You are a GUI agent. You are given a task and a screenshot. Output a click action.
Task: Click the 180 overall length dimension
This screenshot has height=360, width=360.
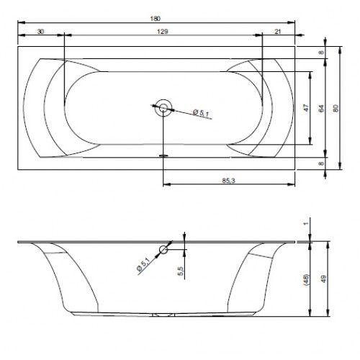[x=156, y=19]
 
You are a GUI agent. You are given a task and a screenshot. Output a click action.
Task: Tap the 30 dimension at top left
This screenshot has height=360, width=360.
[x=40, y=32]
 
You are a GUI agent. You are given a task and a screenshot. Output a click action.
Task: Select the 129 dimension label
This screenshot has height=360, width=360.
[x=163, y=32]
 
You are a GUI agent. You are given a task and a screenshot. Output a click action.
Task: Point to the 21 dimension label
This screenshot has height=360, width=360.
[x=278, y=32]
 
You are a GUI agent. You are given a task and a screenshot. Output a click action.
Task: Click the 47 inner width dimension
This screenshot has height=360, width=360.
[x=306, y=108]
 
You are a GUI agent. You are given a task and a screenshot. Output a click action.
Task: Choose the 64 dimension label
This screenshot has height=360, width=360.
[x=321, y=108]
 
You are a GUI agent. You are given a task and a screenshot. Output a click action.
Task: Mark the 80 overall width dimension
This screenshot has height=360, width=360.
[x=336, y=108]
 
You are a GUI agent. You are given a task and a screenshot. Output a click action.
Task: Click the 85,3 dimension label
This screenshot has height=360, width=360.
[x=228, y=181]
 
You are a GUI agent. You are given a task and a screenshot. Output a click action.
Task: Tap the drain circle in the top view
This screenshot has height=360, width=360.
[x=163, y=108]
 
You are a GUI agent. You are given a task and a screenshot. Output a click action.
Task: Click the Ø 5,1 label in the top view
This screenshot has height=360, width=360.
[x=201, y=112]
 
